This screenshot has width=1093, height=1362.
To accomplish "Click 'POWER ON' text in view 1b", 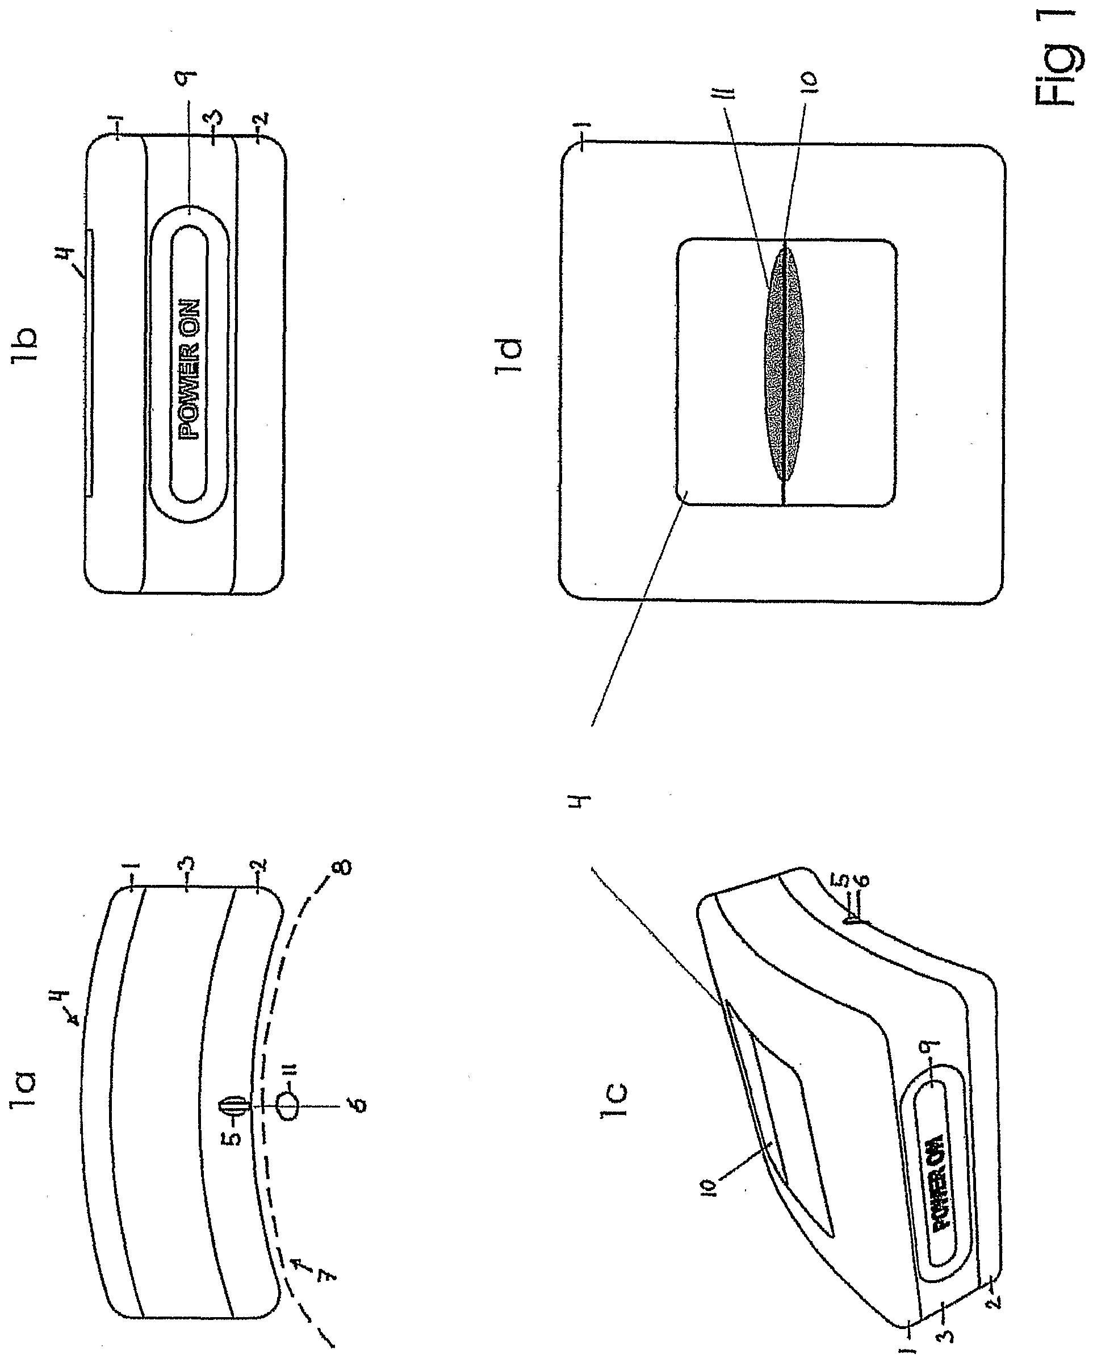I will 190,370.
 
